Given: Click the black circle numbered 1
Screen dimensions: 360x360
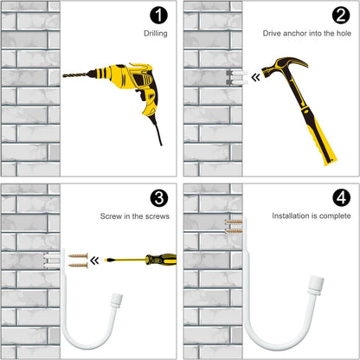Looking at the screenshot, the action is (158, 16).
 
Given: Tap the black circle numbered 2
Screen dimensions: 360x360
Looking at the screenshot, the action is (341, 16).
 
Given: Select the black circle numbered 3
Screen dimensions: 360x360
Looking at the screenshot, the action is (159, 198).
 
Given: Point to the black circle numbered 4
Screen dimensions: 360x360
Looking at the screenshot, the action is (341, 198).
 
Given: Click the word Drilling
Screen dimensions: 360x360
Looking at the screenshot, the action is (156, 34).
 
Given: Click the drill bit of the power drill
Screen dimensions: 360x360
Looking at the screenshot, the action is (75, 75).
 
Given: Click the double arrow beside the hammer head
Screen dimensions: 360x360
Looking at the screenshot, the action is (255, 77).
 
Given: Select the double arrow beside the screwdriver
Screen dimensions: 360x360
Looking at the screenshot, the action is (94, 260).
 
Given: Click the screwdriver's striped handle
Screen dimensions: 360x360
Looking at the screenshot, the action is (161, 260).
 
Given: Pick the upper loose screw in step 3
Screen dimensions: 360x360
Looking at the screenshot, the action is (78, 255).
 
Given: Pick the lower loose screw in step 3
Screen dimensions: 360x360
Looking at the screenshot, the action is (78, 266).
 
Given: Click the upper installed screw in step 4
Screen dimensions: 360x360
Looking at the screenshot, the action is (234, 222).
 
